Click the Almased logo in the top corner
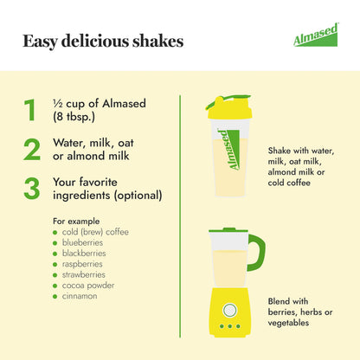tap(315, 38)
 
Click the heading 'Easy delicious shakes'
tap(102, 41)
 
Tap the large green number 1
tap(30, 110)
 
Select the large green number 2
tap(31, 149)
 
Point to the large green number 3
tap(31, 188)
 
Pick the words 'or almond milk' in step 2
tap(91, 156)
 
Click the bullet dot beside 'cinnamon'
tap(55, 296)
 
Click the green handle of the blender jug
tap(257, 252)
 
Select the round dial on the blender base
tap(229, 309)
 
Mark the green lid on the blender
tap(229, 231)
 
